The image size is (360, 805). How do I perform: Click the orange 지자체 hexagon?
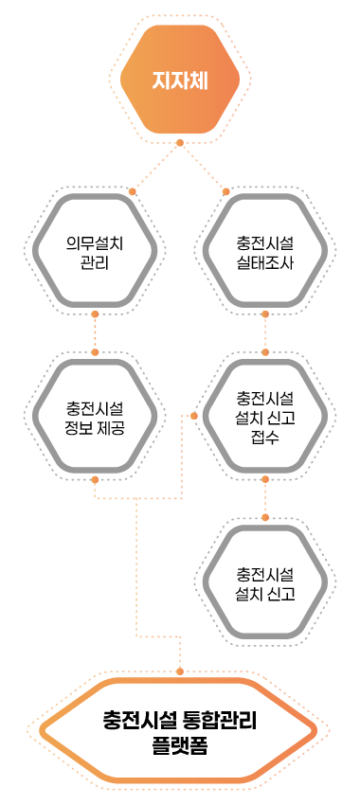[179, 80]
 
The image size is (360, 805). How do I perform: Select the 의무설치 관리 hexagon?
[95, 253]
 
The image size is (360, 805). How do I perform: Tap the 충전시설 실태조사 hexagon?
[265, 253]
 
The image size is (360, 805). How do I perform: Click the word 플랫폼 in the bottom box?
[179, 745]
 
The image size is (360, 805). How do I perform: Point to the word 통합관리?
[223, 721]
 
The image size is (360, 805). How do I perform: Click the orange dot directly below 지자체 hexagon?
[179, 143]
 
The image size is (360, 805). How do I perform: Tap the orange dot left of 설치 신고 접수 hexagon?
[195, 416]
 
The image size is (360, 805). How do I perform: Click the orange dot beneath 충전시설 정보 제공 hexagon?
[95, 479]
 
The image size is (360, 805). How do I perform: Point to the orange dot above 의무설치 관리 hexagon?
[133, 191]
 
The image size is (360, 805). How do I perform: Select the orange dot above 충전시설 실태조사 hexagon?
[226, 191]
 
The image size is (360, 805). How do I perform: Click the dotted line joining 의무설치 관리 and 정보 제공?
[95, 331]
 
